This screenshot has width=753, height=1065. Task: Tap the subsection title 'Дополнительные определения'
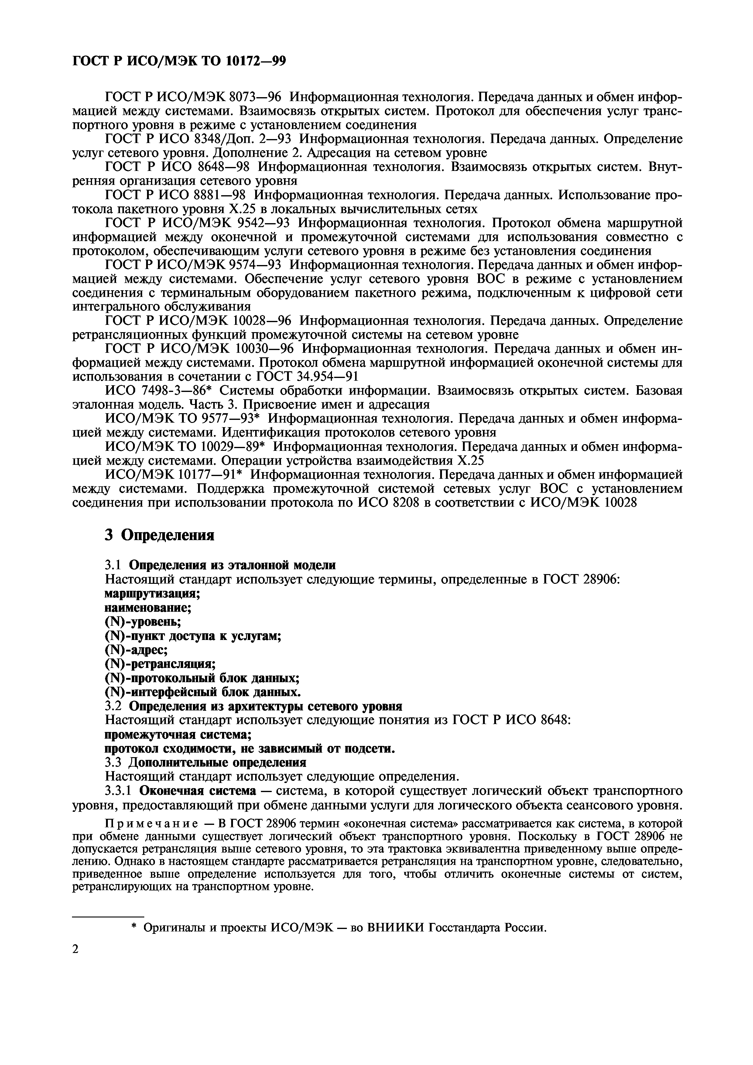(217, 763)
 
